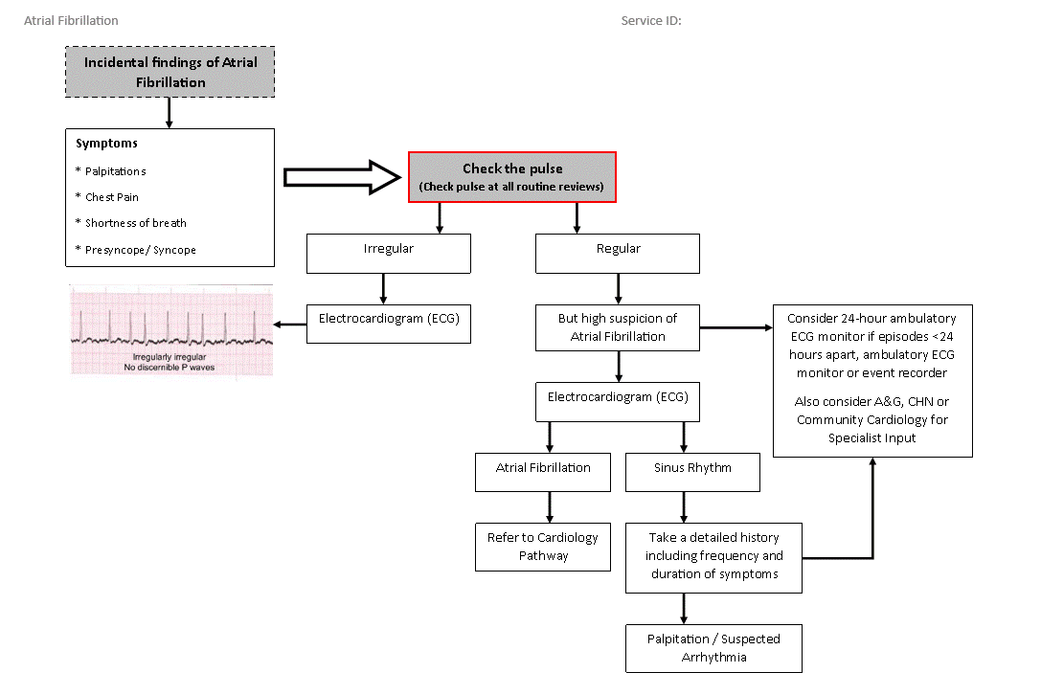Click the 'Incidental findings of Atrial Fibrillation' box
(x=170, y=72)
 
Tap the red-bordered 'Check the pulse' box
(x=511, y=177)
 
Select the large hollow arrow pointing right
(x=342, y=177)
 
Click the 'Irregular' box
(x=389, y=254)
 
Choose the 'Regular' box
(x=618, y=254)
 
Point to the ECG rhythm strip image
(x=171, y=330)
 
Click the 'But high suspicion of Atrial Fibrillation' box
(x=618, y=328)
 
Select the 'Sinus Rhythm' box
(x=692, y=472)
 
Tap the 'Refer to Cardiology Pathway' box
(x=542, y=547)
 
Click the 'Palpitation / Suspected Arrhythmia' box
(x=713, y=648)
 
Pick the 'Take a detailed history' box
(x=713, y=558)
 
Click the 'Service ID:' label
(x=651, y=20)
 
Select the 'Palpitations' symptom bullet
(x=110, y=171)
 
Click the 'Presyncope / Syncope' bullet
(x=135, y=250)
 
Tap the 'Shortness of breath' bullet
(x=131, y=223)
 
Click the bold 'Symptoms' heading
(x=106, y=144)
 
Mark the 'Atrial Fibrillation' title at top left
(x=71, y=20)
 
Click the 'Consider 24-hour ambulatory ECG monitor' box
(x=872, y=381)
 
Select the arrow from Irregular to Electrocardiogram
(x=383, y=289)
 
